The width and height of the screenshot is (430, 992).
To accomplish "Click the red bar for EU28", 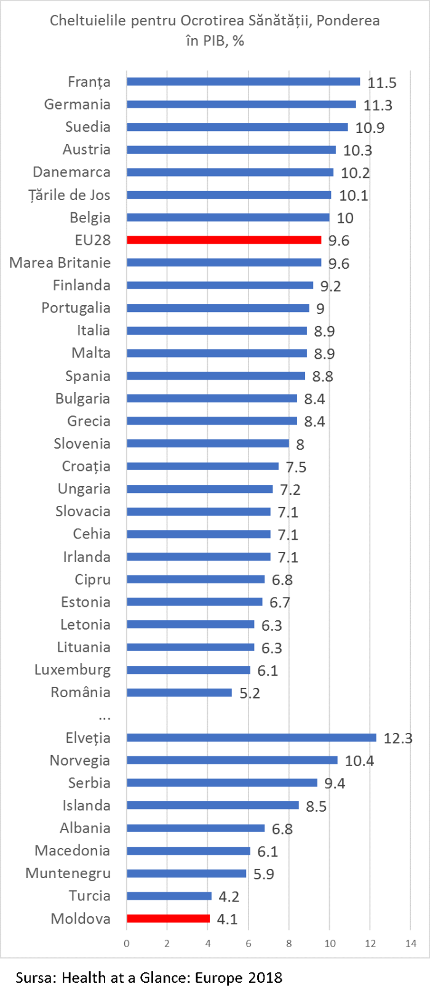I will pos(224,240).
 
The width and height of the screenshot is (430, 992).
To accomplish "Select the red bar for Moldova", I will pos(168,919).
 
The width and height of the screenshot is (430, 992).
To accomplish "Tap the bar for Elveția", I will pos(251,738).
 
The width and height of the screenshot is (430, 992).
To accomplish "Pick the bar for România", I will pos(179,693).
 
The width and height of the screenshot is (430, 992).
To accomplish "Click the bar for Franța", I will pos(243,82).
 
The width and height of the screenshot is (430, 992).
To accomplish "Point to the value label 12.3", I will pos(398,738).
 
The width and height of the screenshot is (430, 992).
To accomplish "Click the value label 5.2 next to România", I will pos(250,694).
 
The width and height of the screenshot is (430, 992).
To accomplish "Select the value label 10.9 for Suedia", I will pos(370,128).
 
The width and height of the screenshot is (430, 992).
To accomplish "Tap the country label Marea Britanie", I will pos(60,263).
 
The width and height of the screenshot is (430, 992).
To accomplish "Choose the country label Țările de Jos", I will pos(70,195).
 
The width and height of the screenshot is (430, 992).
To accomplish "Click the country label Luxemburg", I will pos(73,670).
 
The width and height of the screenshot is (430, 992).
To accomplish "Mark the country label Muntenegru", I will pos(68,873).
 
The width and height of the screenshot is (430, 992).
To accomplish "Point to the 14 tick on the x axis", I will pos(410,944).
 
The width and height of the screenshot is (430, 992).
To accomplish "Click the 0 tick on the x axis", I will pos(127,944).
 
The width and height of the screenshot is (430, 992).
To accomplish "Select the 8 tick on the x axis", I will pos(289,944).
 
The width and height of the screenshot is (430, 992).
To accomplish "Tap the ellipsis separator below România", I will pos(104,716).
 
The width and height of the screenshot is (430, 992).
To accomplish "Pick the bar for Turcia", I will pos(169,896).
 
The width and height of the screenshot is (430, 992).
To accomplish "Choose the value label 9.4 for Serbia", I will pos(335,783).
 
